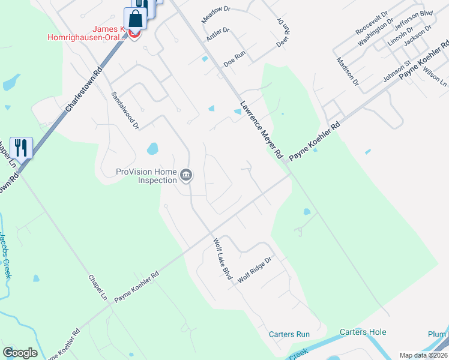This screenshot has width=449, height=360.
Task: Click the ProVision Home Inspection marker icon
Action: pyautogui.click(x=186, y=175)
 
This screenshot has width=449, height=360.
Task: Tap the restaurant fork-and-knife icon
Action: pyautogui.click(x=21, y=148)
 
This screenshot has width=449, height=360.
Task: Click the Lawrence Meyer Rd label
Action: pyautogui.click(x=261, y=129)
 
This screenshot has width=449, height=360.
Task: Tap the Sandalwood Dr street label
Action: pyautogui.click(x=125, y=110)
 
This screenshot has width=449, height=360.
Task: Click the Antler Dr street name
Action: pyautogui.click(x=218, y=34)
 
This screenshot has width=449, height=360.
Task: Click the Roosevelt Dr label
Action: pyautogui.click(x=372, y=22)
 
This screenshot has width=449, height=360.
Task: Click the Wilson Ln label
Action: pyautogui.click(x=435, y=73)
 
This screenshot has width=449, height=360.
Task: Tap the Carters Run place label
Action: pyautogui.click(x=289, y=334)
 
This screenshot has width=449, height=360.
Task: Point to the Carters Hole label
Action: pyautogui.click(x=363, y=332)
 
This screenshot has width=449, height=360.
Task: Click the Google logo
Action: pyautogui.click(x=20, y=353)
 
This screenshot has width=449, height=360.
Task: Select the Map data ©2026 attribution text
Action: pyautogui.click(x=424, y=355)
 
